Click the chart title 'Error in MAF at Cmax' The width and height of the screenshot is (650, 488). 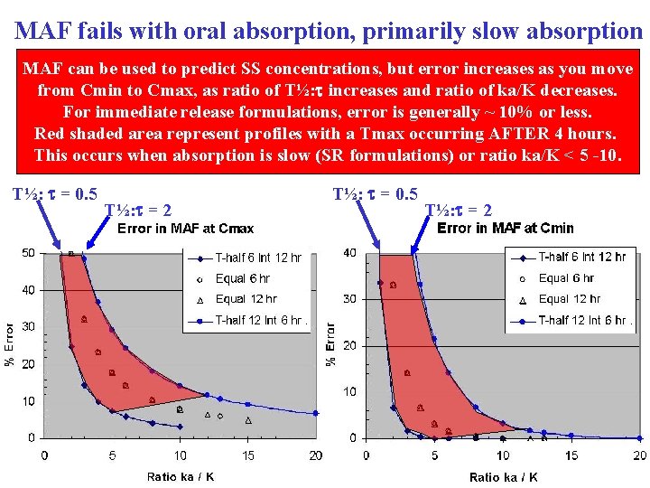tap(186, 229)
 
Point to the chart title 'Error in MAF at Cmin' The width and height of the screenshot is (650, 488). tap(506, 228)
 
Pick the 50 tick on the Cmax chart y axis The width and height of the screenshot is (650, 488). tap(29, 253)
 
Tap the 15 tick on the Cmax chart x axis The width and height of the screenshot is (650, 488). tap(248, 455)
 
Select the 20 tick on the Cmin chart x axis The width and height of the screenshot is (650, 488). tap(640, 455)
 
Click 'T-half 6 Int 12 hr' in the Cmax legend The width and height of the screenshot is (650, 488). tap(257, 258)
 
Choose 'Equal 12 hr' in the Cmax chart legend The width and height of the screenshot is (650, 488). tap(246, 299)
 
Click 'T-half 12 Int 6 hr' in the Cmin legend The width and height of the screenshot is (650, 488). tap(582, 320)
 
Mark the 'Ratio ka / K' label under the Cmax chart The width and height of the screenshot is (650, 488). tap(181, 477)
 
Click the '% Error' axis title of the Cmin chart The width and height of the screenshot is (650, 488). tap(331, 344)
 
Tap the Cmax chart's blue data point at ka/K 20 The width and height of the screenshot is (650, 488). tap(316, 413)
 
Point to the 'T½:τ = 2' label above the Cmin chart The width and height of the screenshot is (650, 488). tap(459, 211)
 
